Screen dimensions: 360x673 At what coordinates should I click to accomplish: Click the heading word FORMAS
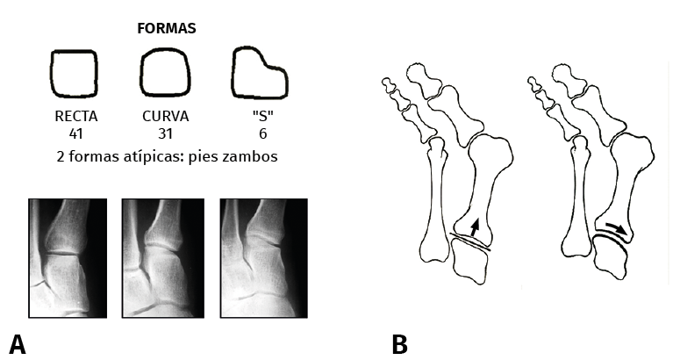pyautogui.click(x=167, y=28)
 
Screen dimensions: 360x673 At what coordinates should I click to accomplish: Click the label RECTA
pyautogui.click(x=75, y=116)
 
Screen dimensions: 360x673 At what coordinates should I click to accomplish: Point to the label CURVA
pyautogui.click(x=167, y=116)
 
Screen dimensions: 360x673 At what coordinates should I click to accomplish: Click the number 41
pyautogui.click(x=75, y=133)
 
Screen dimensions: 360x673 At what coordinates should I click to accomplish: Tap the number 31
pyautogui.click(x=167, y=133)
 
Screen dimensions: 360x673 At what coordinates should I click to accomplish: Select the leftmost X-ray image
pyautogui.click(x=68, y=257)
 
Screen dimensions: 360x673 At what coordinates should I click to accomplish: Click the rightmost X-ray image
pyautogui.click(x=263, y=257)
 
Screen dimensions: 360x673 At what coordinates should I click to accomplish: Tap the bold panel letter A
pyautogui.click(x=18, y=343)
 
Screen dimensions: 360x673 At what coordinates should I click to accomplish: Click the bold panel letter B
pyautogui.click(x=400, y=343)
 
